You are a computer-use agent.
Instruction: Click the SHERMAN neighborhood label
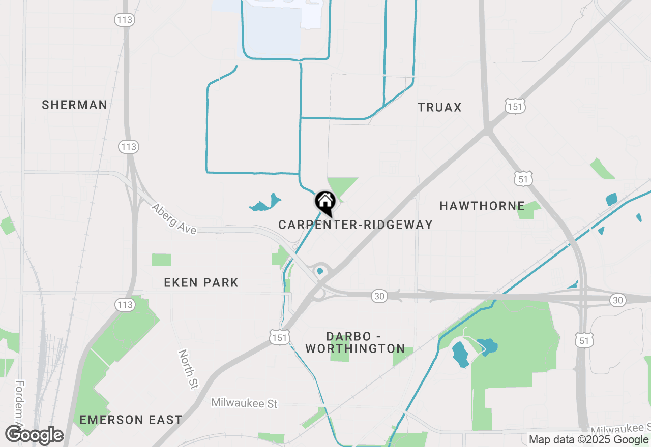coord(74,105)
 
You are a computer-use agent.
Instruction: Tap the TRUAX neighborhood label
coord(439,107)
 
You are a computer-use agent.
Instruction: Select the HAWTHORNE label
coord(482,206)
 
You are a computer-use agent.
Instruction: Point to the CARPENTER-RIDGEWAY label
coord(356,225)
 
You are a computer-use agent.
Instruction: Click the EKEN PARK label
coord(201,283)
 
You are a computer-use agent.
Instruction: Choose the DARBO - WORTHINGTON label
coord(355,342)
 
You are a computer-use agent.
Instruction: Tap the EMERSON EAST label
coord(131,420)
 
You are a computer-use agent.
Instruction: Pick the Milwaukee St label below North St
coord(245,403)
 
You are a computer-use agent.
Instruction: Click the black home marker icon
coord(325,203)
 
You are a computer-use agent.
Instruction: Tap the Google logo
coord(34,435)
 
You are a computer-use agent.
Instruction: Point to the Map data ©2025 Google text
coord(588,440)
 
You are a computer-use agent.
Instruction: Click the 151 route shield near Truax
coord(515,106)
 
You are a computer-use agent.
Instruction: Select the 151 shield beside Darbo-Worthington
coord(280,336)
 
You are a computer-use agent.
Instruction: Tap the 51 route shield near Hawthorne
coord(523,178)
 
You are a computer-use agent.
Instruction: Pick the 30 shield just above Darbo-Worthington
coord(379,296)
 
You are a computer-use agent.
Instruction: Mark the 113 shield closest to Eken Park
coord(126,305)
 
